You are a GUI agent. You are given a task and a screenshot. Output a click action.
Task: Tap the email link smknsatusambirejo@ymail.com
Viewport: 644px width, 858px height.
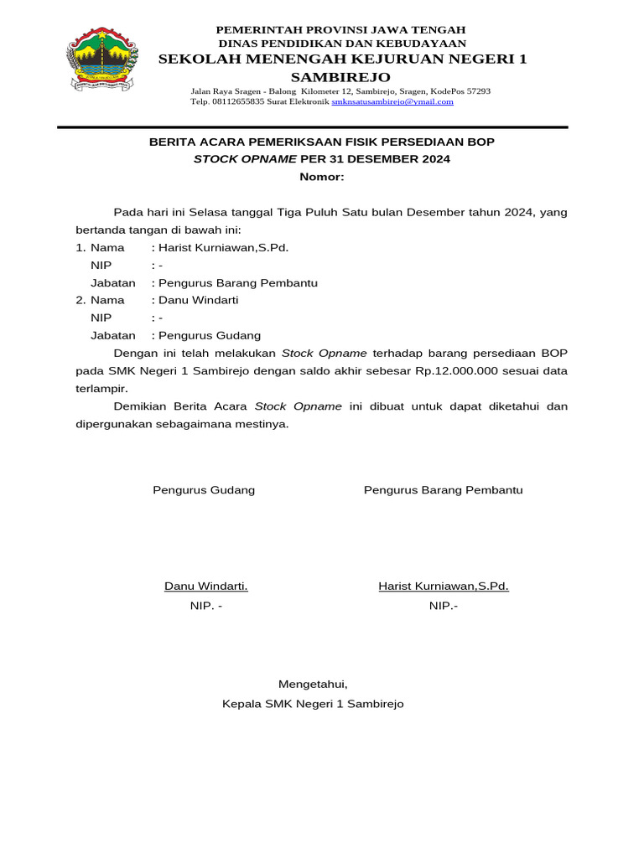[392, 101]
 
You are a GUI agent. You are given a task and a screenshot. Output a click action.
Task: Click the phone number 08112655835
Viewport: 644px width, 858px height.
[236, 101]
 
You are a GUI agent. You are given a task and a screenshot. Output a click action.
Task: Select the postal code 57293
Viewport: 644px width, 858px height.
[477, 90]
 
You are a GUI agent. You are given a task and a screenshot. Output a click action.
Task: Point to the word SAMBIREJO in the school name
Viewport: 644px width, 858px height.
[341, 77]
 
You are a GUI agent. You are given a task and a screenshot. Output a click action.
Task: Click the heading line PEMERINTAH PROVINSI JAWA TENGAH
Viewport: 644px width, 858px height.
[341, 29]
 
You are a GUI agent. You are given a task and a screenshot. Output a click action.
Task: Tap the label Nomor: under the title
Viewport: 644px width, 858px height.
[322, 177]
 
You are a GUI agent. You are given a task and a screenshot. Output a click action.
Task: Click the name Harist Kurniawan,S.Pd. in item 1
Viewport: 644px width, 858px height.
[223, 248]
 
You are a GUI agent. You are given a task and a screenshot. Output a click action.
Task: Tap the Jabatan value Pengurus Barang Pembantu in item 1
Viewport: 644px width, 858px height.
[237, 282]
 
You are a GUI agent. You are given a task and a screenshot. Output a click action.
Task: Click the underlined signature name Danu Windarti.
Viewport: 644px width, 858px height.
[205, 586]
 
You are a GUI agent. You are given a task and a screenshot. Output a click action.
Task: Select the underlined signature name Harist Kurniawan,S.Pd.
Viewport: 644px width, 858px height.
[443, 586]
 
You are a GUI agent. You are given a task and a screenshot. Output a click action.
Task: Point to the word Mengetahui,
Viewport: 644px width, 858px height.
[312, 684]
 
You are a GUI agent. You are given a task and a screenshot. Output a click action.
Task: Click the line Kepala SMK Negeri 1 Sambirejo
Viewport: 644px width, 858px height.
[313, 704]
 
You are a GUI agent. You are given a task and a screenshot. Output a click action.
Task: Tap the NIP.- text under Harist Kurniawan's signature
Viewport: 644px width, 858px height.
[444, 606]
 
